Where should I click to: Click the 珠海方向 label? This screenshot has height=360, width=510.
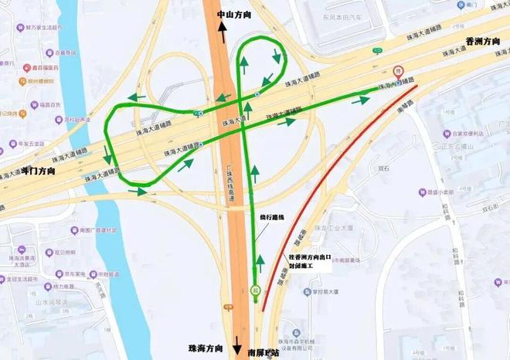point(206,349)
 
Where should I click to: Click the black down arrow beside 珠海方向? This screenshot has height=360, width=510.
point(237,348)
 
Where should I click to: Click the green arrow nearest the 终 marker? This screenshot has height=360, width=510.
point(361,99)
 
